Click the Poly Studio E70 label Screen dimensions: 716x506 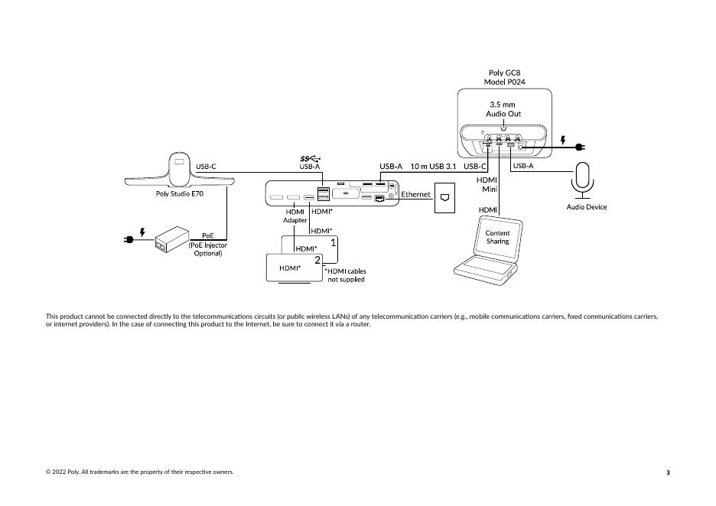[180, 194]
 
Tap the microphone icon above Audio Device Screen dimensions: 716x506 [582, 180]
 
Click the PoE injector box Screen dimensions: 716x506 [172, 239]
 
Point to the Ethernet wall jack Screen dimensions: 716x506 [444, 197]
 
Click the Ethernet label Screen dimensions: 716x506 [415, 194]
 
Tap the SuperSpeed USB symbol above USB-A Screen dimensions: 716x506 [310, 159]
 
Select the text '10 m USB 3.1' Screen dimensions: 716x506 [433, 167]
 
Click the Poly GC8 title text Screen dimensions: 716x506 [505, 73]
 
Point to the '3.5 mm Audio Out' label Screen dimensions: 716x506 [503, 109]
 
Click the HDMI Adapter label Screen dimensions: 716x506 [295, 216]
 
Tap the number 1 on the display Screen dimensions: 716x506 [334, 242]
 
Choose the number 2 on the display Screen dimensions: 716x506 [317, 260]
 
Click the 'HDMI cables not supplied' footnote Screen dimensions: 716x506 [345, 275]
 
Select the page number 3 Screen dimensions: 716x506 [668, 472]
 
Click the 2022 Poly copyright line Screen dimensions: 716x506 [140, 472]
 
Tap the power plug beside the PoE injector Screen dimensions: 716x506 [129, 239]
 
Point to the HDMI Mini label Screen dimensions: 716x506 [487, 184]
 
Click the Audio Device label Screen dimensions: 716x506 [587, 207]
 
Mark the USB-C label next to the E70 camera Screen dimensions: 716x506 [206, 167]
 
